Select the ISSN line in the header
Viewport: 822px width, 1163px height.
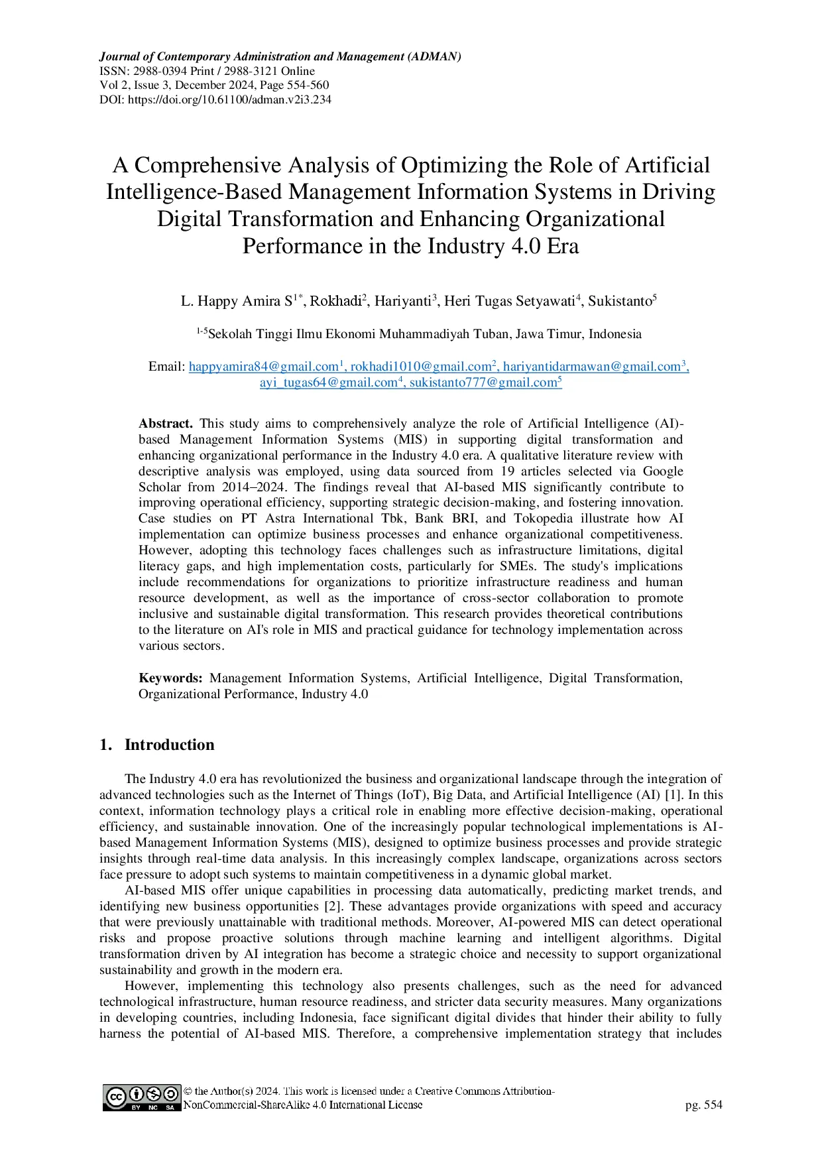pyautogui.click(x=207, y=71)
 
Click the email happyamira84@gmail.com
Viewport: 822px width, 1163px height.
pyautogui.click(x=263, y=367)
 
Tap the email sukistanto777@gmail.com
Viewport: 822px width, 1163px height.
pyautogui.click(x=483, y=383)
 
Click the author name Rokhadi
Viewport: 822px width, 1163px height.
pyautogui.click(x=335, y=302)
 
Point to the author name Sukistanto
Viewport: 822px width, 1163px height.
pyautogui.click(x=620, y=302)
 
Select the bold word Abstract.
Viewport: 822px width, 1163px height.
pyautogui.click(x=165, y=424)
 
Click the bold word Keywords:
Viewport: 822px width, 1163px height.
pyautogui.click(x=170, y=678)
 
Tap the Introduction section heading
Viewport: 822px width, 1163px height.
pyautogui.click(x=169, y=745)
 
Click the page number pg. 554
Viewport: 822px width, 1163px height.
pyautogui.click(x=703, y=1105)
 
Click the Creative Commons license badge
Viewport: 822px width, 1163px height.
pyautogui.click(x=141, y=1098)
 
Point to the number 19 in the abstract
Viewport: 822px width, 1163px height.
pyautogui.click(x=508, y=471)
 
